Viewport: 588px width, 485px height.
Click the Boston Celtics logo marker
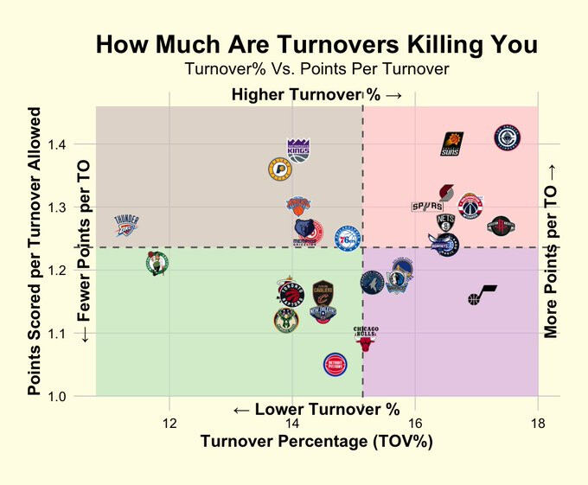coord(156,262)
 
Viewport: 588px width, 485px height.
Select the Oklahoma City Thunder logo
coord(126,227)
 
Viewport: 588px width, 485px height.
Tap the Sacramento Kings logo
coord(297,149)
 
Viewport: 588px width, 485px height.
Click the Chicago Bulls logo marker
coord(365,339)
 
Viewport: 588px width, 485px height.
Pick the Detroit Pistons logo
coord(335,367)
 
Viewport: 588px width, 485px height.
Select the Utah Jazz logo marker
coord(482,295)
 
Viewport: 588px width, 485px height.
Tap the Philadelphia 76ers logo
coord(348,238)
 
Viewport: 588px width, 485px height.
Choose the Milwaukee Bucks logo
coord(285,320)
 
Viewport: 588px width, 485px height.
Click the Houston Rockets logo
coord(501,227)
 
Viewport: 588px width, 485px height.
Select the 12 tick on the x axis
coord(169,423)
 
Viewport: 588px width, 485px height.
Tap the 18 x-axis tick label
coord(538,423)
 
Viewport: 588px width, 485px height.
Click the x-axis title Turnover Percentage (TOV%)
coord(316,442)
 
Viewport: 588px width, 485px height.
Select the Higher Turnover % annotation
coord(316,94)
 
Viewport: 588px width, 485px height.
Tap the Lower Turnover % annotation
coord(316,408)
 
